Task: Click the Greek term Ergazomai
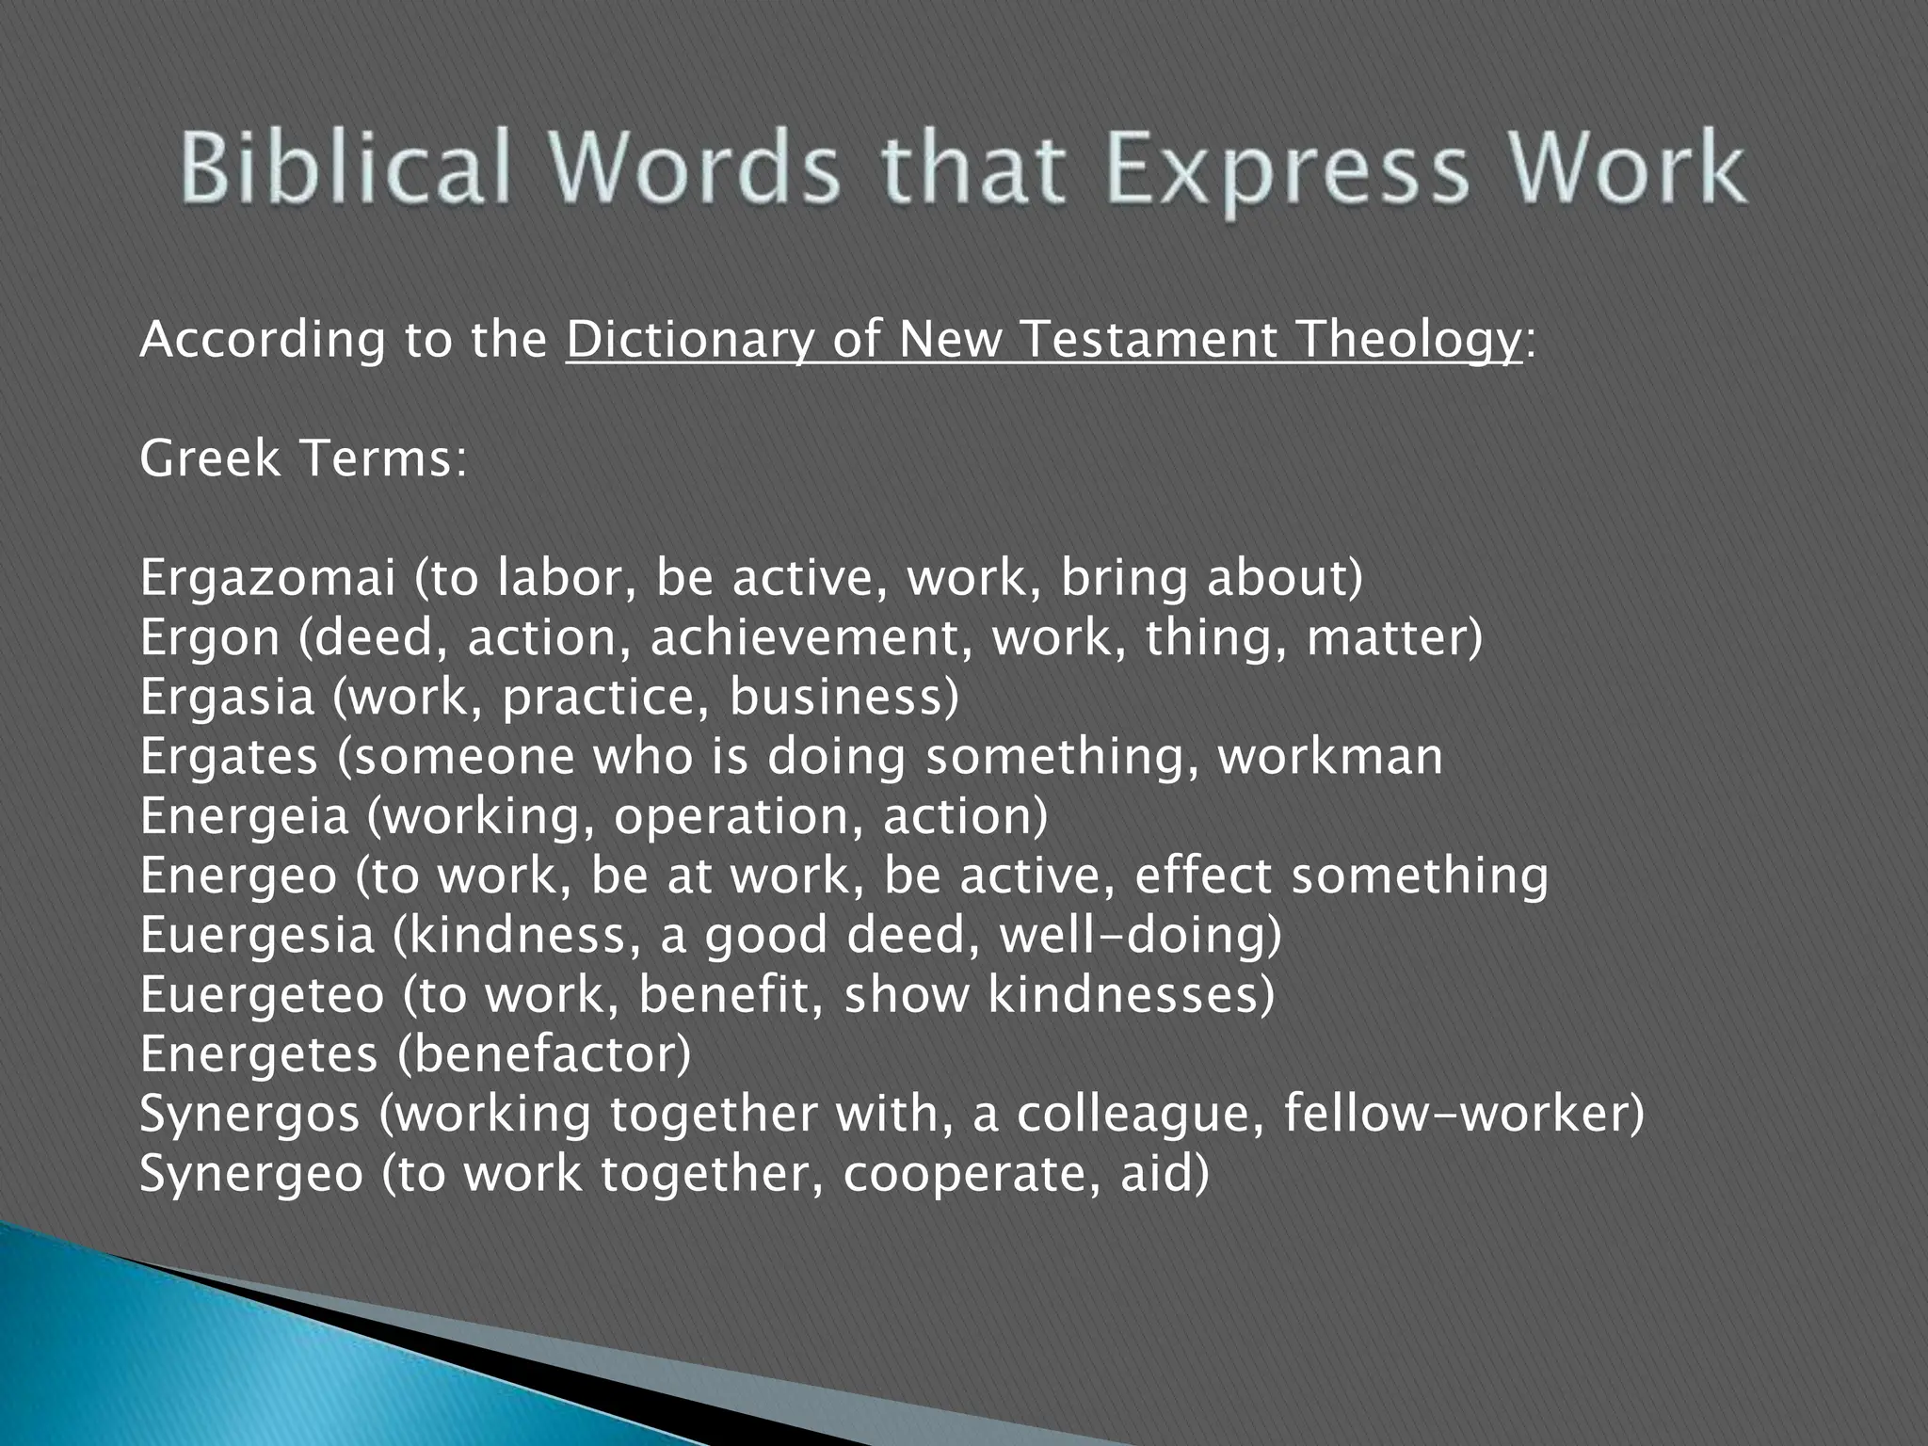[267, 579]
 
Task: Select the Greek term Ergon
[209, 638]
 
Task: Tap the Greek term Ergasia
[226, 698]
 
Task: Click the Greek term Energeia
[244, 816]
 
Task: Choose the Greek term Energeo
[238, 876]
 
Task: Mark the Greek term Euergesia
[257, 936]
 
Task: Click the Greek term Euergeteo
[262, 995]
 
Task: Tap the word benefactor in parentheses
[543, 1054]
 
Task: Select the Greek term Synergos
[249, 1115]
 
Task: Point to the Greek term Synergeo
[250, 1174]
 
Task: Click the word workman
[1330, 757]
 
